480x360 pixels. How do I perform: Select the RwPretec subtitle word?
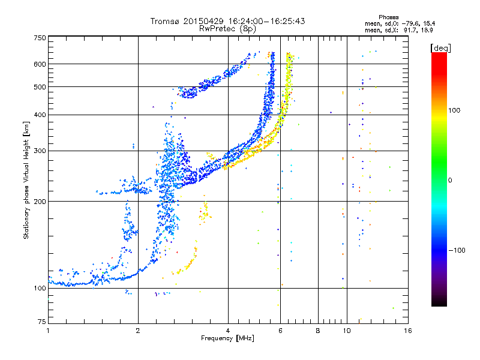217,29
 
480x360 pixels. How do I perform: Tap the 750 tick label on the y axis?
40,38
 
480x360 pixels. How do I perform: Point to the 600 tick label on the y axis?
40,64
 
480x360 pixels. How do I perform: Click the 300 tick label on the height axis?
40,151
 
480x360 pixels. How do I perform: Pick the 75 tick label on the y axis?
42,322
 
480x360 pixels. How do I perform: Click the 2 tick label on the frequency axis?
138,331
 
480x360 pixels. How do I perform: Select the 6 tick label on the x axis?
280,331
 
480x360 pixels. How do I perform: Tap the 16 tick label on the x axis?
408,331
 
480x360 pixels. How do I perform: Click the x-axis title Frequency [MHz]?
227,338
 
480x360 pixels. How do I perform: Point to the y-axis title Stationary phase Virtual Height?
26,180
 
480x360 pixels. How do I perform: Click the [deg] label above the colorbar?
440,49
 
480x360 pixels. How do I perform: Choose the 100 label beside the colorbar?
454,110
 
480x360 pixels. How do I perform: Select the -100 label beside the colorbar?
457,250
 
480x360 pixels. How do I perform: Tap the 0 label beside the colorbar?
450,181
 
